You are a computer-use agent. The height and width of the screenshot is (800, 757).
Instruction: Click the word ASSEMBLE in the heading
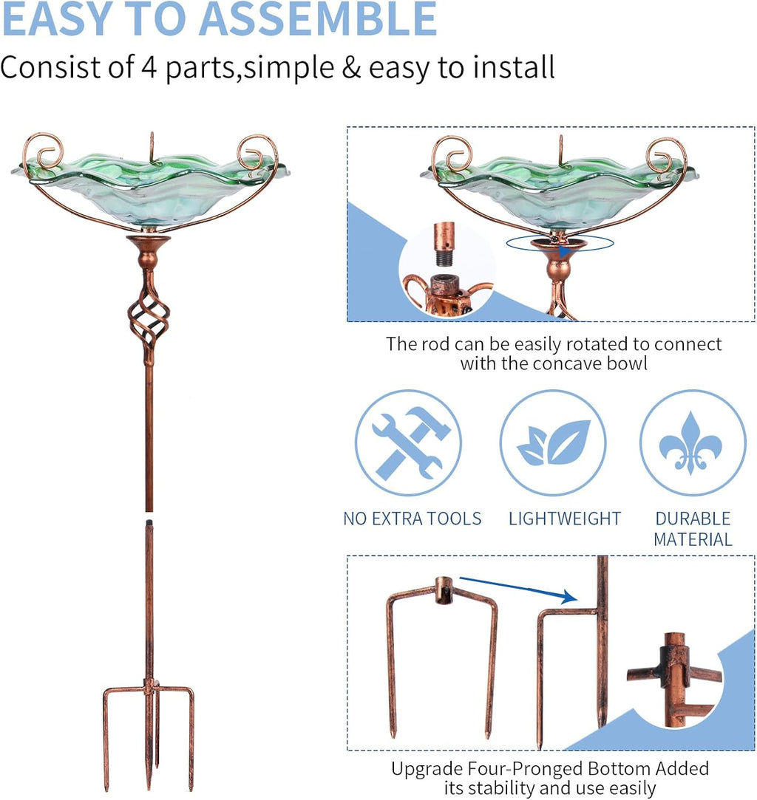click(x=317, y=18)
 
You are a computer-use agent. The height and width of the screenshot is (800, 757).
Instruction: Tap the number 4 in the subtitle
click(x=149, y=67)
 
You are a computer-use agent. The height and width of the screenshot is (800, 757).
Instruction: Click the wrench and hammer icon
click(x=408, y=442)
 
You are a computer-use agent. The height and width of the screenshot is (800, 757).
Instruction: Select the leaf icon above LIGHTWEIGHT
click(x=553, y=442)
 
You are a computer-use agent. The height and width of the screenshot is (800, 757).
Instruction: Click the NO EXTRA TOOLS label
click(x=413, y=519)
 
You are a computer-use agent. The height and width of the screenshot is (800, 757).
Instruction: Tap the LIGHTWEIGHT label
click(x=565, y=519)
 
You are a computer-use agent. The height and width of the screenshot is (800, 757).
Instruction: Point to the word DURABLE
click(x=693, y=519)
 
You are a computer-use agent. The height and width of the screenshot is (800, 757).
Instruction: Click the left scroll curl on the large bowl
click(x=43, y=151)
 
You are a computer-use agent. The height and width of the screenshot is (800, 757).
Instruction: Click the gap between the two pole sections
click(x=149, y=516)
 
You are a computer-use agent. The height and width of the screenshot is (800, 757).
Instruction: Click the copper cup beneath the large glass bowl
click(x=149, y=252)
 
